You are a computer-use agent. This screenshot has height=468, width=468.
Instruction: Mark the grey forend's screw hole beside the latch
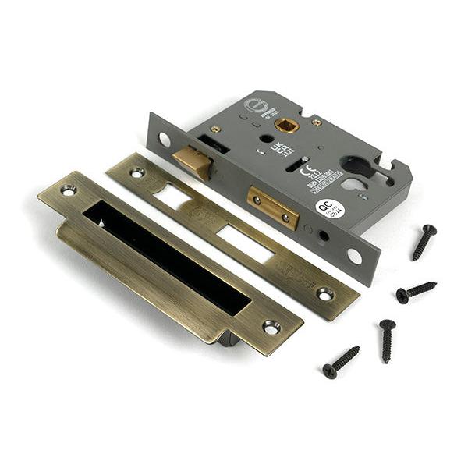[165, 140]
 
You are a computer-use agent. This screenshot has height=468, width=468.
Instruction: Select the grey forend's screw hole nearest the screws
[355, 255]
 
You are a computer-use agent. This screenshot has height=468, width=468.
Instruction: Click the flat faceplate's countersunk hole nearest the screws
[324, 294]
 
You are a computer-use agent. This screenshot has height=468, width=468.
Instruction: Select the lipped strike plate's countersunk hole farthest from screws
[69, 190]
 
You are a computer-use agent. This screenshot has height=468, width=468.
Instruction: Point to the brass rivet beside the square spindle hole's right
[317, 122]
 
